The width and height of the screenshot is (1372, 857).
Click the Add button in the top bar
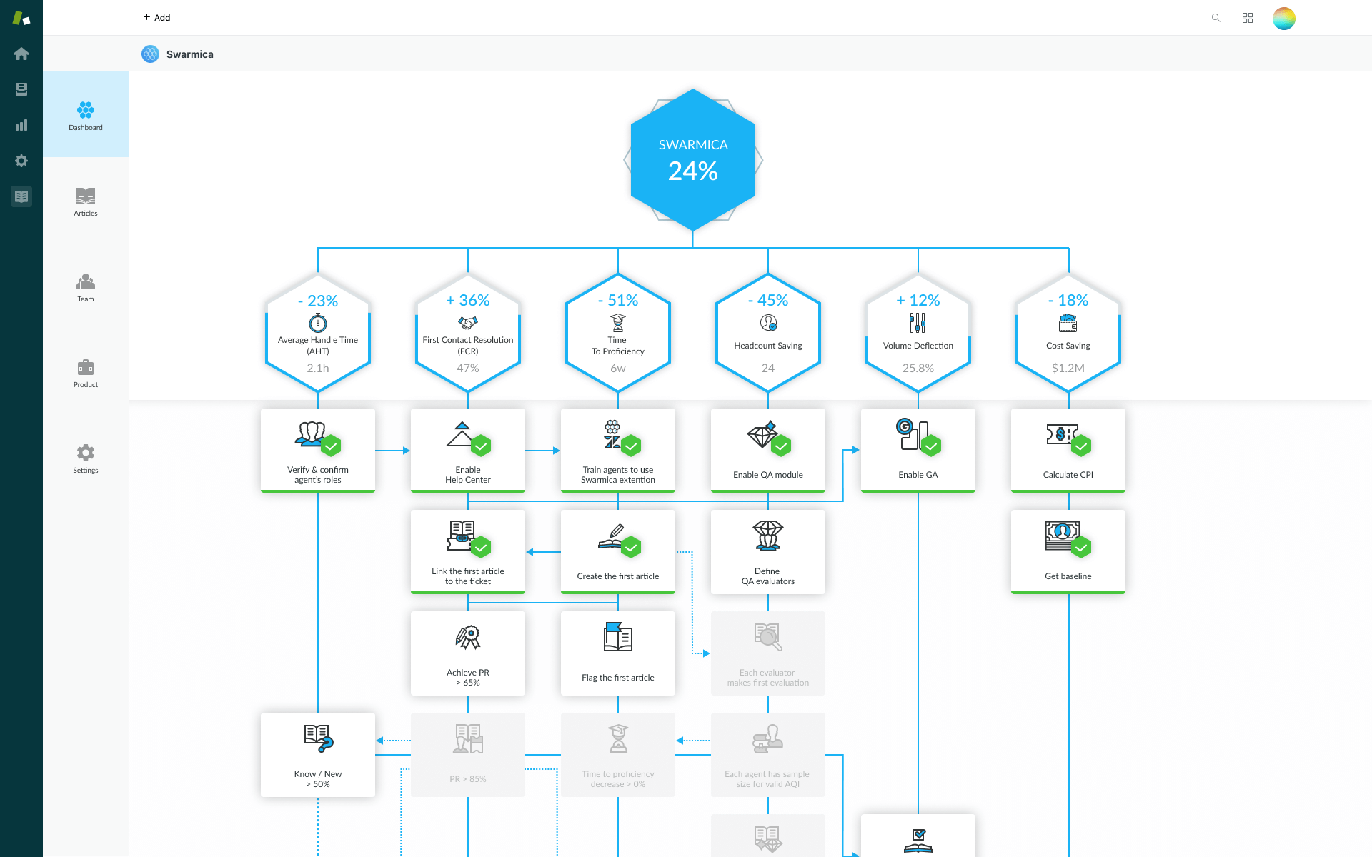pyautogui.click(x=156, y=18)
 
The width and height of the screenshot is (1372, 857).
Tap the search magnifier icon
pyautogui.click(x=1216, y=18)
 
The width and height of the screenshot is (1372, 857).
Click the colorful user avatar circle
pyautogui.click(x=1283, y=19)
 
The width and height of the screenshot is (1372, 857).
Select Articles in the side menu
pyautogui.click(x=86, y=201)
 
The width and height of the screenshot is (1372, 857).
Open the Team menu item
pyautogui.click(x=86, y=287)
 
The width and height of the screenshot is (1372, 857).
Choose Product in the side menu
pyautogui.click(x=86, y=373)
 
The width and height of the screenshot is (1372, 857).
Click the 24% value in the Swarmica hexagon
pyautogui.click(x=692, y=171)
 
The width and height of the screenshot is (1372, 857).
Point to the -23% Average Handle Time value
pyautogui.click(x=318, y=301)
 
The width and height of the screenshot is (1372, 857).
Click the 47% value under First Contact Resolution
pyautogui.click(x=468, y=369)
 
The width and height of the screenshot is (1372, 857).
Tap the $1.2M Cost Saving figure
pyautogui.click(x=1068, y=369)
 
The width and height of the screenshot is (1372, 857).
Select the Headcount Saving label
pyautogui.click(x=768, y=346)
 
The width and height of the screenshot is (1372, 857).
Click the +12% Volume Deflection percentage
pyautogui.click(x=918, y=301)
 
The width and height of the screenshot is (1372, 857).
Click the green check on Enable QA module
pyautogui.click(x=781, y=446)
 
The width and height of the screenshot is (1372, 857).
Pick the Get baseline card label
pyautogui.click(x=1068, y=576)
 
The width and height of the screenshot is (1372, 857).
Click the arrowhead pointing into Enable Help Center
pyautogui.click(x=406, y=451)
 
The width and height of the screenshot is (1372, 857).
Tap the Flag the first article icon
pyautogui.click(x=618, y=637)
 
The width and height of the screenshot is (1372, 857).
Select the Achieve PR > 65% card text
pyautogui.click(x=468, y=678)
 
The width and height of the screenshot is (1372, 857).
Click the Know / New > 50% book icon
pyautogui.click(x=318, y=738)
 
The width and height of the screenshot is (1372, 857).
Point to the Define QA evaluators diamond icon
pyautogui.click(x=768, y=535)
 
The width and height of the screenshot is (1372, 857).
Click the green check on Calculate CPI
pyautogui.click(x=1081, y=446)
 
